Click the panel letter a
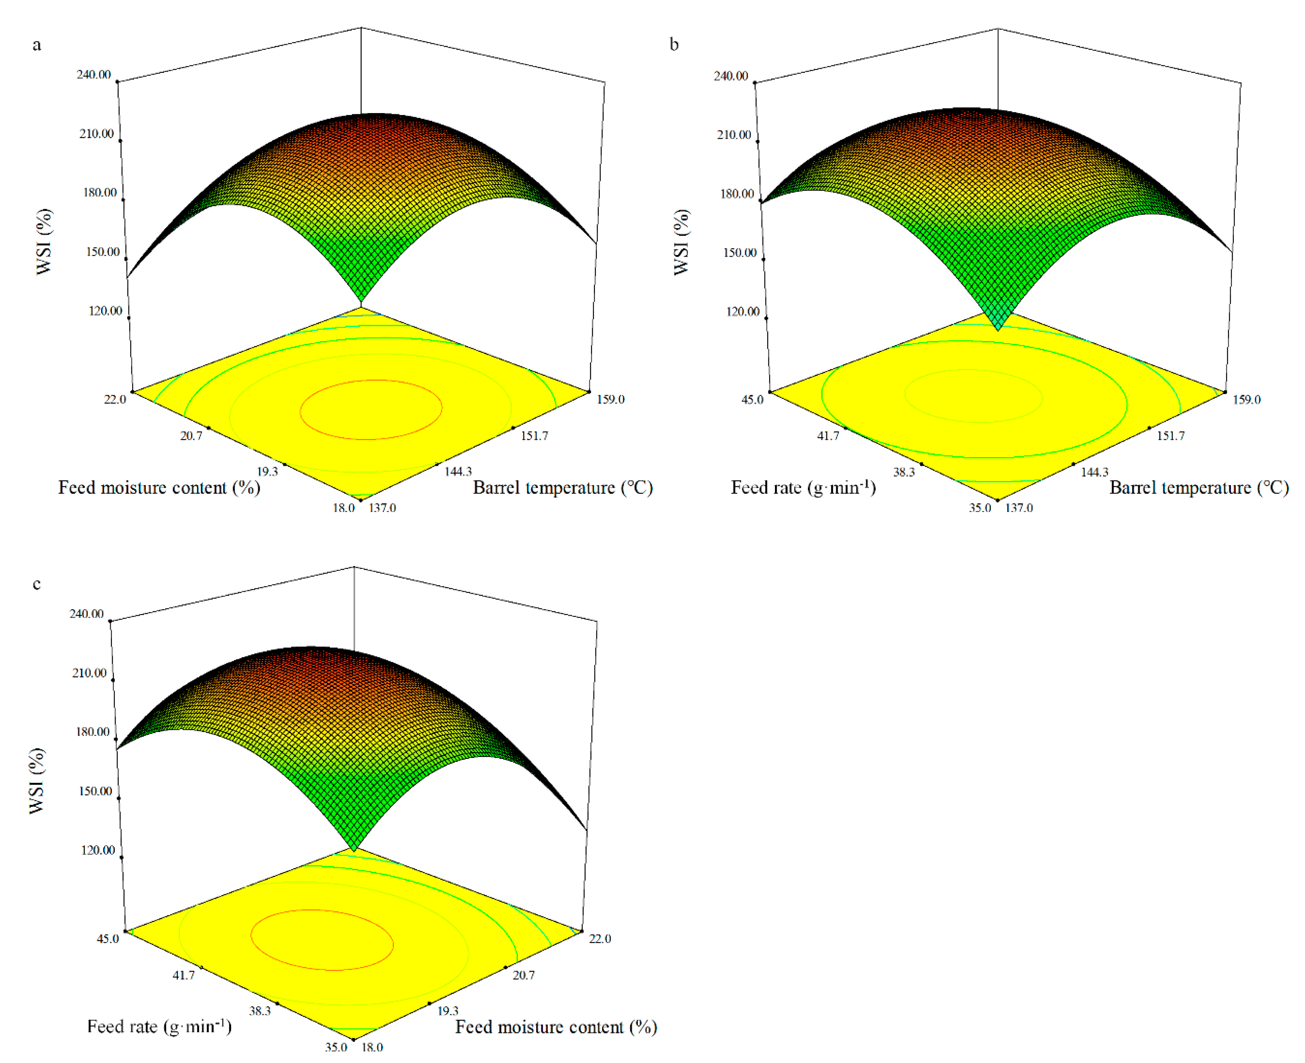coord(37,45)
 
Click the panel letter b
coord(674,45)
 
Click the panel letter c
coord(37,584)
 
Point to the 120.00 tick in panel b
coord(742,311)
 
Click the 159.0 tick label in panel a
coord(611,399)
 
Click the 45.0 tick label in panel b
coord(753,400)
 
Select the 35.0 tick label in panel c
coord(336,1047)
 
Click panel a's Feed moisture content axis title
coord(159,488)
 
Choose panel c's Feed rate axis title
coord(159,1027)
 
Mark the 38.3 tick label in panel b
coord(904,472)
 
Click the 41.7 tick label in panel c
coord(184,975)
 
